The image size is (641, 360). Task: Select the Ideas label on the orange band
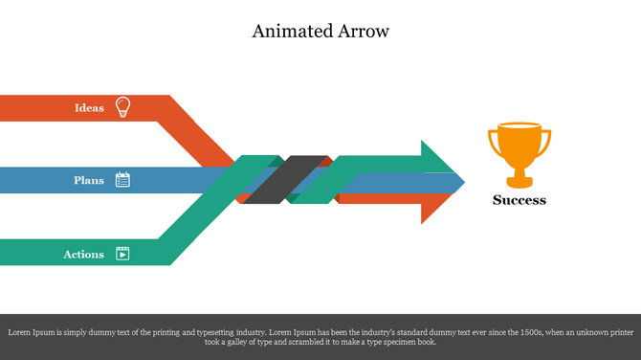89,108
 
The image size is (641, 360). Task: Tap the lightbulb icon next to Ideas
122,106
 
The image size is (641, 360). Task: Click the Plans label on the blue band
89,180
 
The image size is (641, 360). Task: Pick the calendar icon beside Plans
122,179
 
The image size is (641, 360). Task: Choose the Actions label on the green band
84,255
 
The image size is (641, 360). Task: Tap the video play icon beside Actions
122,254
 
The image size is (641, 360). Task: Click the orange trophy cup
519,148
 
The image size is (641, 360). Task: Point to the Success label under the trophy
519,200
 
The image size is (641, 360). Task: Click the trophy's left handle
495,143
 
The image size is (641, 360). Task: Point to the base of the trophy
519,181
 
